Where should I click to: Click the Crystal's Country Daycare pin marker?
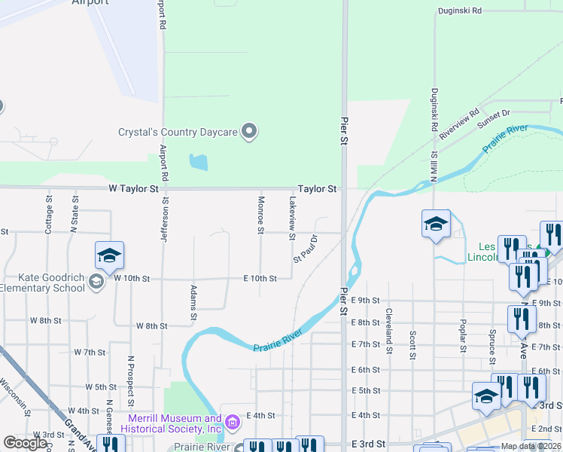(x=250, y=132)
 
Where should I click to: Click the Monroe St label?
(x=261, y=212)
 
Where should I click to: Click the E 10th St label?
(x=260, y=278)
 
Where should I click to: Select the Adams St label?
(x=193, y=301)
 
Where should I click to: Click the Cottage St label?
(x=48, y=215)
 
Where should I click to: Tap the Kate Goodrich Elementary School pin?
(x=96, y=282)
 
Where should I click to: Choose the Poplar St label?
(x=462, y=335)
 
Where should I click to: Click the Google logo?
(x=25, y=443)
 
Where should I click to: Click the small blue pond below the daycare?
(x=198, y=162)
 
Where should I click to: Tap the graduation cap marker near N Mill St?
(x=436, y=224)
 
